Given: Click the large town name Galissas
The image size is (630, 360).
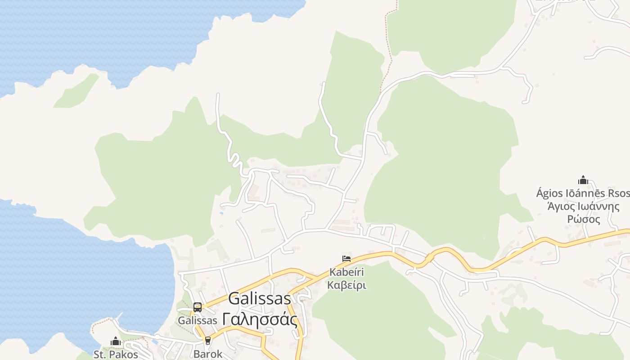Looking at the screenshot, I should tap(260, 299).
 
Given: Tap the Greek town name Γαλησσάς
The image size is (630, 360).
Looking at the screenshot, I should tap(260, 320).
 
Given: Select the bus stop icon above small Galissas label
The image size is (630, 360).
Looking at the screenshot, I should tap(197, 307).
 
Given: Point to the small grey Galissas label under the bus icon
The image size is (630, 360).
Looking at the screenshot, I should tap(197, 321).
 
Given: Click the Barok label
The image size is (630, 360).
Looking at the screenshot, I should tap(208, 354).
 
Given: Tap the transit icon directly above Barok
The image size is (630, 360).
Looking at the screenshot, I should tap(207, 341).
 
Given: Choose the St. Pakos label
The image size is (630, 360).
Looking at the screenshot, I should tap(116, 355).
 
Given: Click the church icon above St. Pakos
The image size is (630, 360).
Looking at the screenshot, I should tap(116, 342).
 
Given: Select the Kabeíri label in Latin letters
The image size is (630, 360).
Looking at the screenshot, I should tap(346, 272).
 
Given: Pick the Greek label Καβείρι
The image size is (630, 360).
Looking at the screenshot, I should tap(346, 285).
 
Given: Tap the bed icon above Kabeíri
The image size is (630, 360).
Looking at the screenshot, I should tap(346, 259).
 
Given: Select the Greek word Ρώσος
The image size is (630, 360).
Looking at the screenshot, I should tap(583, 220).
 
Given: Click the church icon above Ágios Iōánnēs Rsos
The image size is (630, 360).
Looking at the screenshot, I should tap(583, 180).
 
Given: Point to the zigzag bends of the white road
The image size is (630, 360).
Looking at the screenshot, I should tap(234, 157).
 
